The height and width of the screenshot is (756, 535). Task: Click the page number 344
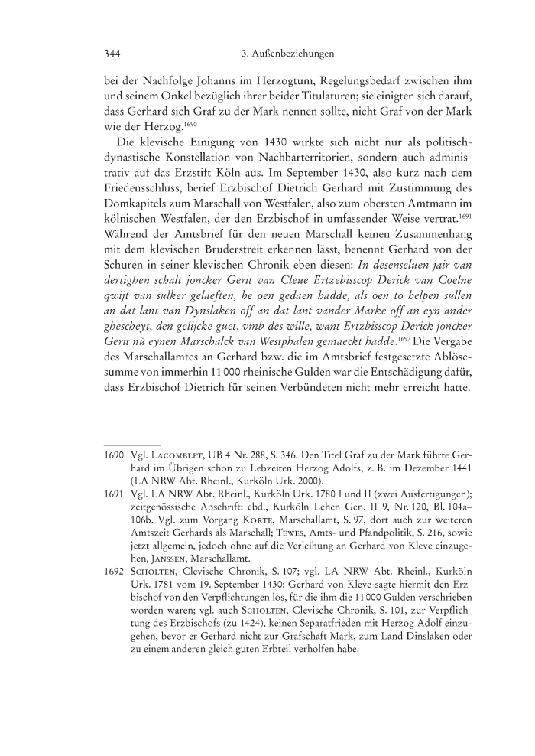pyautogui.click(x=114, y=54)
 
